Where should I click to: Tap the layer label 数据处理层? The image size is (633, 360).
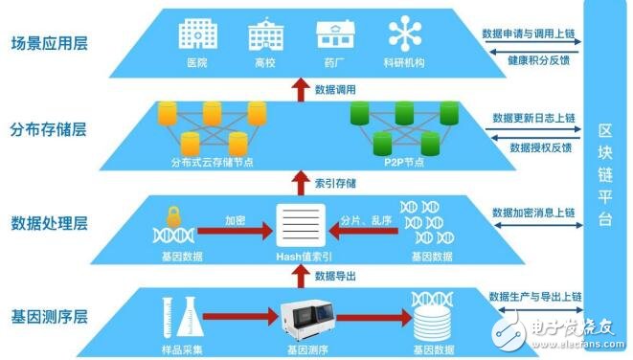(x=50, y=224)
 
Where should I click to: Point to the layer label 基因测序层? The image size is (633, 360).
(x=50, y=315)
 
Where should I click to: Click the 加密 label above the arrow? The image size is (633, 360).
(x=234, y=220)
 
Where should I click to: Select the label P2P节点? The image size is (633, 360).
(x=396, y=161)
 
